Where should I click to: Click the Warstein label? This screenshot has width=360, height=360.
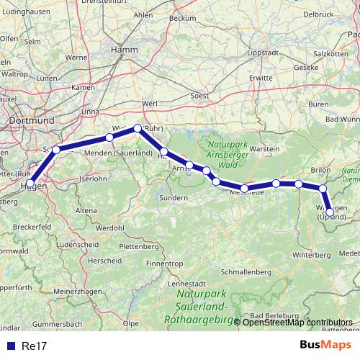tap(264, 148)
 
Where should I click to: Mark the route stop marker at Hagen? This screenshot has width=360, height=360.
tap(30, 184)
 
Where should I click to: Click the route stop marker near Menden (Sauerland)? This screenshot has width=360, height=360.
tap(109, 137)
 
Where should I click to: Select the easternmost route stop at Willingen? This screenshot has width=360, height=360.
tap(330, 212)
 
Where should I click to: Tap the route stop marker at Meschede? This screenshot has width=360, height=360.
tap(245, 189)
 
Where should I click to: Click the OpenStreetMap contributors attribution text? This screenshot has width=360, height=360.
tap(297, 322)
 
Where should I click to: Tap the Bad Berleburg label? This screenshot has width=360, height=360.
tap(277, 315)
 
